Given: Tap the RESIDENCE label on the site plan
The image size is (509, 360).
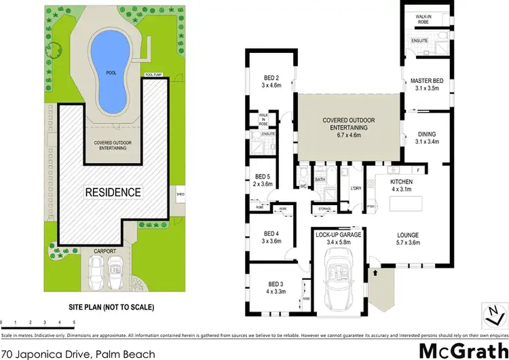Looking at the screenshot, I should click(113, 192).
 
